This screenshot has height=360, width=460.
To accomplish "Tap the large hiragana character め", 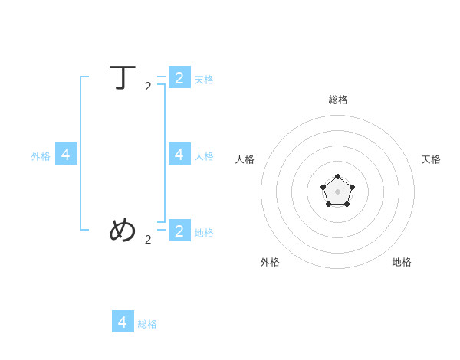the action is (123, 229).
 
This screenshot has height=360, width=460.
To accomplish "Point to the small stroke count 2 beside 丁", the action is (148, 87).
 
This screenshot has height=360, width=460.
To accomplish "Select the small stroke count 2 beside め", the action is (148, 240).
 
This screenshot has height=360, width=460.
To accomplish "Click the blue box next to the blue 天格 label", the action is (179, 77).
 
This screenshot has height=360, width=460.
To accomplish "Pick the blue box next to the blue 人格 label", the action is (179, 154).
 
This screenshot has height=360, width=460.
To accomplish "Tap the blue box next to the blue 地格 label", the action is (179, 230).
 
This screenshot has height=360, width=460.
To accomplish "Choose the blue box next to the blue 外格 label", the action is (66, 154).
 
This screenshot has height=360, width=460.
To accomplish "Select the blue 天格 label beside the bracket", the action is (204, 80).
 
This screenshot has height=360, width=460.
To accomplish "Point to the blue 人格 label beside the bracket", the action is (204, 156).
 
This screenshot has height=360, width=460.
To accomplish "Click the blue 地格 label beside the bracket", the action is (204, 233).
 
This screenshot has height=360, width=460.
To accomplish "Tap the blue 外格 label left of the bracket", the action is (41, 156).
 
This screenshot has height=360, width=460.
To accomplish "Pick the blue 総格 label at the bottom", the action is (147, 324).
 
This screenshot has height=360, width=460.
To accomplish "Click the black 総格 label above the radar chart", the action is (338, 100).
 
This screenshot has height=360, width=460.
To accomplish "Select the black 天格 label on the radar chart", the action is (431, 159).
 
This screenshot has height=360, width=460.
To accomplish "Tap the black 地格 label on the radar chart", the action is (402, 262).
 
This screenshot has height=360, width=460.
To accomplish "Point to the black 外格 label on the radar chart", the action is (270, 262).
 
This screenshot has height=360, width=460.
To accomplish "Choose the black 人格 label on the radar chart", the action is (245, 159).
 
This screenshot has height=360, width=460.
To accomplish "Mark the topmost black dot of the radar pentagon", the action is (337, 176).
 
